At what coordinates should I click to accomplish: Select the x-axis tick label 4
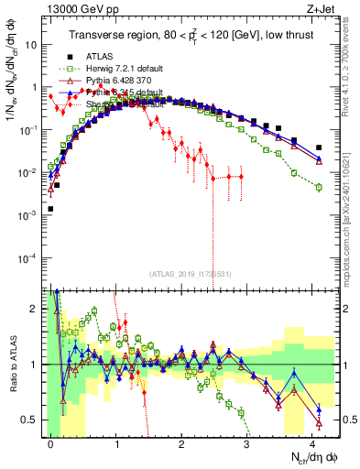click(312, 442)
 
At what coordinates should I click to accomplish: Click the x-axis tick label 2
click(181, 442)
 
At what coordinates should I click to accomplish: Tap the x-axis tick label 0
click(50, 442)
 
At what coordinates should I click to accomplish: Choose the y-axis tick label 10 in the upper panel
click(31, 44)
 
